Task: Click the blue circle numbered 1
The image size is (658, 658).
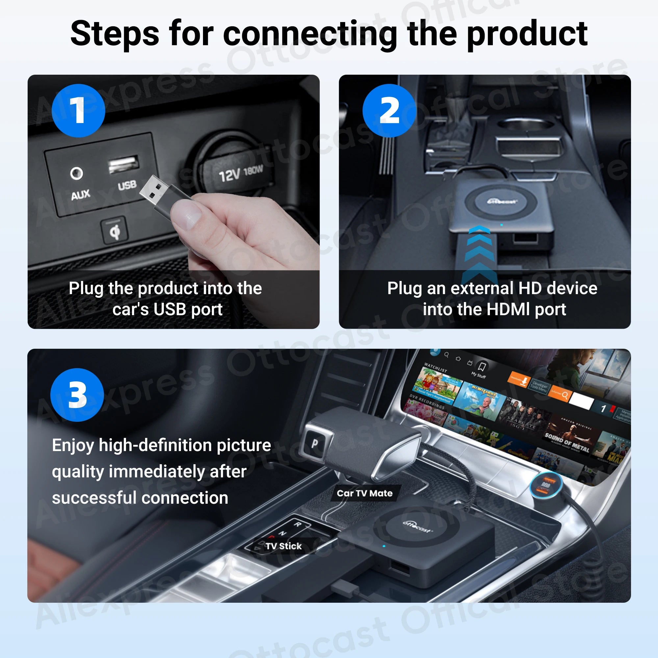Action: click(78, 111)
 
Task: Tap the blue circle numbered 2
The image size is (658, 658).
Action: click(389, 111)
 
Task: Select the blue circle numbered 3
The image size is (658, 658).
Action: click(77, 395)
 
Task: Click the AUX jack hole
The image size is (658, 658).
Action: click(76, 173)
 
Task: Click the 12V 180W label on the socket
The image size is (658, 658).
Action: click(240, 173)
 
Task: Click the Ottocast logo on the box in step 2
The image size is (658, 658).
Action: click(502, 202)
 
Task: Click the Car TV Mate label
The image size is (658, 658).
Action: click(365, 493)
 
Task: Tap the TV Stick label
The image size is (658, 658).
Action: click(283, 546)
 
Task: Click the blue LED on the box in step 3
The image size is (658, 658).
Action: click(384, 546)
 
